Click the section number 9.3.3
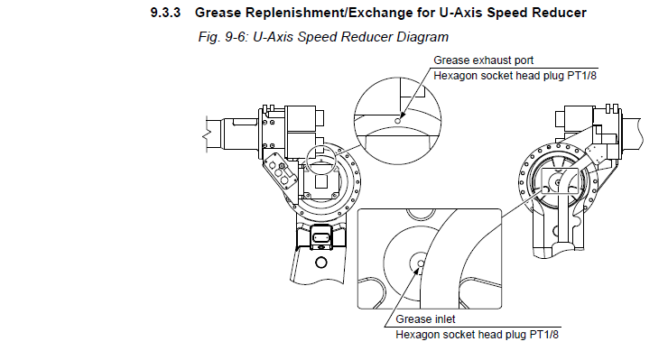click(x=165, y=13)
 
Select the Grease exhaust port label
click(x=483, y=60)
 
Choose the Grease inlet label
click(x=425, y=319)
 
